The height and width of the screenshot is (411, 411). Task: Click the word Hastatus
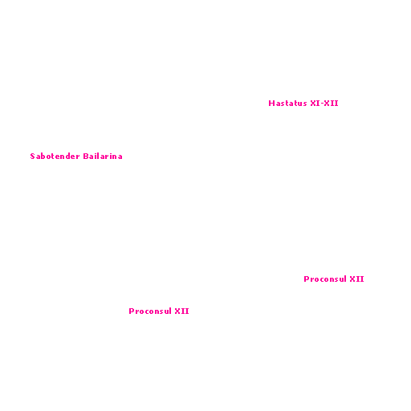(287, 104)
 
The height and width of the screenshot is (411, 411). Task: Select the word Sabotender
(55, 157)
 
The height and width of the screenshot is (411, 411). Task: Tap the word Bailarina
(103, 157)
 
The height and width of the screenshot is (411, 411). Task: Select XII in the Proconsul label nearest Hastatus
(357, 279)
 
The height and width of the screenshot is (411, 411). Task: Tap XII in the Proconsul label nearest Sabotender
(182, 311)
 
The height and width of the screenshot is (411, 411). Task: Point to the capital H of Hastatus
(271, 104)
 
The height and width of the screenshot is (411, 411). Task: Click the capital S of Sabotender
(33, 157)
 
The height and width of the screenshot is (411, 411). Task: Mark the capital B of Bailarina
(86, 157)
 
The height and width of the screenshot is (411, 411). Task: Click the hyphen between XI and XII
(322, 104)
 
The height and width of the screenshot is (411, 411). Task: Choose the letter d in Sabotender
(67, 157)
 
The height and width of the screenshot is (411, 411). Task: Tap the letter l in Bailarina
(100, 157)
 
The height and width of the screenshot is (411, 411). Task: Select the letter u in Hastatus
(299, 104)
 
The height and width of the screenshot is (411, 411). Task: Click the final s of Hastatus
(304, 104)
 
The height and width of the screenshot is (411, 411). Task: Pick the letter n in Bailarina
(115, 157)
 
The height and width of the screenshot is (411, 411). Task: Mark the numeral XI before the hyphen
(315, 104)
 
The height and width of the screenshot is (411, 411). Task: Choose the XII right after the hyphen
(332, 104)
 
